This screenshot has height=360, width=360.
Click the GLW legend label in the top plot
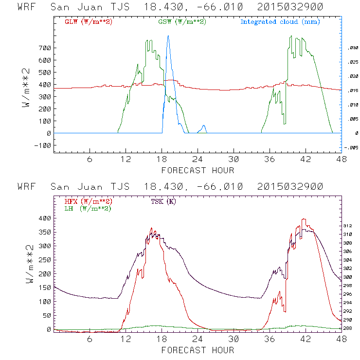click(x=89, y=22)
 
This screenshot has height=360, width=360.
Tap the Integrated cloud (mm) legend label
click(x=280, y=22)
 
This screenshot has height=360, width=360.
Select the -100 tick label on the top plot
click(x=43, y=145)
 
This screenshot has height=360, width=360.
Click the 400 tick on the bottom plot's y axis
click(x=45, y=218)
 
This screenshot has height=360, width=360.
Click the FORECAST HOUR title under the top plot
click(x=198, y=170)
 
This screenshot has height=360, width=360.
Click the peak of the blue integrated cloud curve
click(x=168, y=36)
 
